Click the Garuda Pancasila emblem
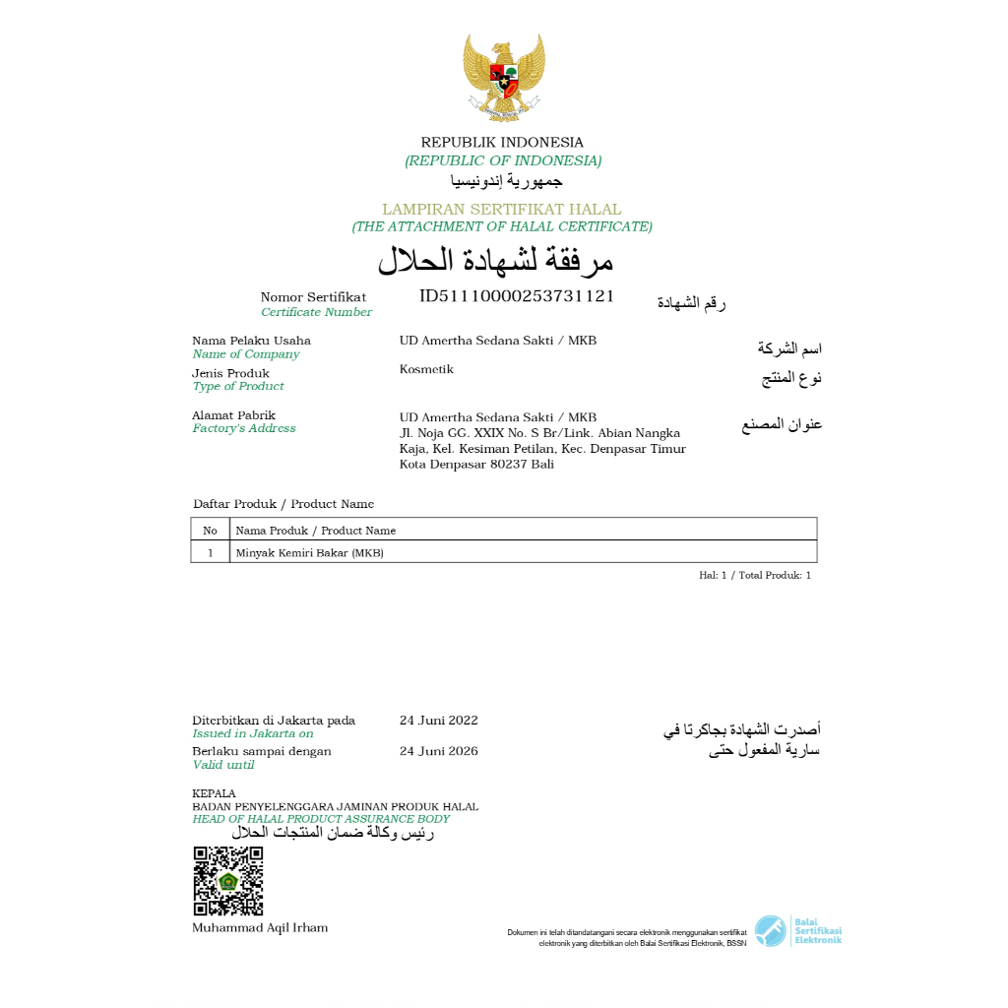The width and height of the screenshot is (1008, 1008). click(x=504, y=78)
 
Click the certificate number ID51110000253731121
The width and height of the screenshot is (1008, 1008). click(x=517, y=295)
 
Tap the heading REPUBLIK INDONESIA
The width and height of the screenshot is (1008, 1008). click(x=502, y=142)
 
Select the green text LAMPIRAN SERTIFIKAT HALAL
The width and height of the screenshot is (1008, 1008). click(x=502, y=209)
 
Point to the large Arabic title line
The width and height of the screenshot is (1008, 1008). click(x=496, y=260)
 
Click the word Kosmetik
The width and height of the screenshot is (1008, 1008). click(x=426, y=369)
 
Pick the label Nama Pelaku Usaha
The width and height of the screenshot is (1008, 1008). click(x=251, y=341)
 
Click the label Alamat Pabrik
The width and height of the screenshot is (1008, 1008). click(x=233, y=415)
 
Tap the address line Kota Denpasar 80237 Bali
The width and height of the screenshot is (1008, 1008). click(x=476, y=464)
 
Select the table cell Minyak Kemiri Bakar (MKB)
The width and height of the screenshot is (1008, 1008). click(x=309, y=552)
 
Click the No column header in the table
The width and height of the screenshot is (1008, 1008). click(x=210, y=530)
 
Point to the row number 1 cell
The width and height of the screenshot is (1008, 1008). click(x=210, y=552)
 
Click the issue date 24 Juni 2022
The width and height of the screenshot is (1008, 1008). click(x=439, y=720)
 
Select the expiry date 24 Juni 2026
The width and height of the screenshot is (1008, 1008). click(x=439, y=751)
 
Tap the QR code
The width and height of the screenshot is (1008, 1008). click(x=227, y=881)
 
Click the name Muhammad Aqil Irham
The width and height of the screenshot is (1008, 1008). click(x=260, y=927)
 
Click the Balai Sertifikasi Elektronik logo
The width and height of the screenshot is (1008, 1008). click(x=798, y=931)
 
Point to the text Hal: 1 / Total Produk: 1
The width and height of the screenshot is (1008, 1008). click(x=755, y=575)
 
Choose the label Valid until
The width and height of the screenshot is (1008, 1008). click(x=223, y=765)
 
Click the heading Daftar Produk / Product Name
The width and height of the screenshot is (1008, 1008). click(x=283, y=504)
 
